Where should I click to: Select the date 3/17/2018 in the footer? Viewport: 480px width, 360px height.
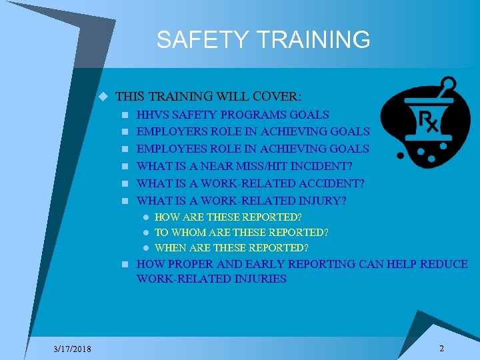pos(73,349)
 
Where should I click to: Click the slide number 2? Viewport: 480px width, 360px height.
pos(441,349)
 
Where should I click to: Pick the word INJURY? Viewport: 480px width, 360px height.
pos(322,201)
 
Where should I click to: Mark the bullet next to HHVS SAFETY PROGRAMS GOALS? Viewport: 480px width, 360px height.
pos(125,115)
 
